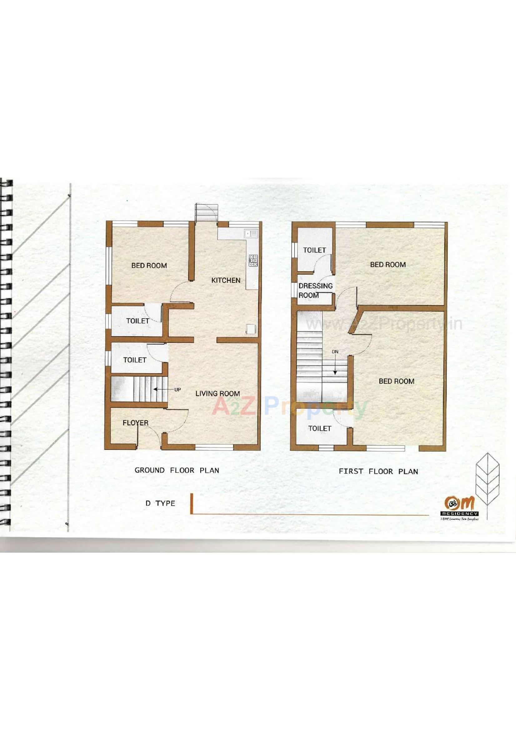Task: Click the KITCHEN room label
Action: pyautogui.click(x=226, y=280)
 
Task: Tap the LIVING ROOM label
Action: pyautogui.click(x=218, y=393)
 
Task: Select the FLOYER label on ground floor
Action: pyautogui.click(x=136, y=422)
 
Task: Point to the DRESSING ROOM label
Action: pyautogui.click(x=315, y=290)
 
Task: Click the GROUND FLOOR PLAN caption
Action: pyautogui.click(x=177, y=470)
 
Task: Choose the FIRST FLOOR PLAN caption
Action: pyautogui.click(x=378, y=471)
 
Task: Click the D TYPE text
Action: pyautogui.click(x=160, y=503)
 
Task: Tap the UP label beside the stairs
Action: pyautogui.click(x=177, y=389)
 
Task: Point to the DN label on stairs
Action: pyautogui.click(x=335, y=352)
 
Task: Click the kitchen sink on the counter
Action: pyautogui.click(x=251, y=234)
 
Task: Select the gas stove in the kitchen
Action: pyautogui.click(x=253, y=260)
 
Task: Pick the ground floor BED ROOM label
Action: pyautogui.click(x=149, y=265)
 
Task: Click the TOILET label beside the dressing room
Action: pyautogui.click(x=314, y=250)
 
